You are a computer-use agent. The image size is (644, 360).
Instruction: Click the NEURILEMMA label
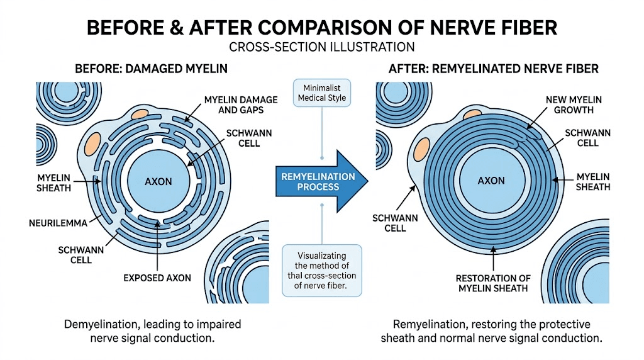coord(55,222)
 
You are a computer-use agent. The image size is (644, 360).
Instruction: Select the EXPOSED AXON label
coord(158,278)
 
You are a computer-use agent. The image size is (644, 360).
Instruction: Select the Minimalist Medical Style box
coord(322,93)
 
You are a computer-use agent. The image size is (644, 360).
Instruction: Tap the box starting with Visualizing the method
coord(322,270)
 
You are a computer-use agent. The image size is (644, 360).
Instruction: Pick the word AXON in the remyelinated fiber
coord(491,181)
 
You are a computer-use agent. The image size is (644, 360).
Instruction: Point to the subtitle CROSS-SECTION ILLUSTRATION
coord(322,47)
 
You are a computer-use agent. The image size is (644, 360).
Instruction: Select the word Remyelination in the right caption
coord(426,324)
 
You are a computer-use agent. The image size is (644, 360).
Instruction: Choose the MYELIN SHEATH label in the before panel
coord(54,183)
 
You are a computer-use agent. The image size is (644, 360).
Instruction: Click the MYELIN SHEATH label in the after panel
coord(592,182)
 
